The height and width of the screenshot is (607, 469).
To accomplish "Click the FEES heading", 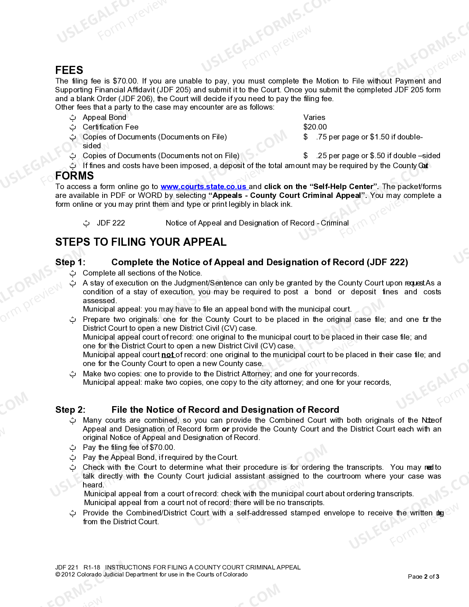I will [x=69, y=70].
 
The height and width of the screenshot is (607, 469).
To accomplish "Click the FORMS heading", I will [x=74, y=176].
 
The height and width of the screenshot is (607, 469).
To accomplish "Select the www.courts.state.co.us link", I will [x=203, y=187].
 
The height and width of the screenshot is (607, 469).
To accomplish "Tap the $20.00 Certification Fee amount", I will [x=315, y=127].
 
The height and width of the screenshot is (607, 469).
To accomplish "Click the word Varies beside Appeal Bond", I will [x=314, y=117].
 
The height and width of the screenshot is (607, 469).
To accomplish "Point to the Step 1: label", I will [x=70, y=262].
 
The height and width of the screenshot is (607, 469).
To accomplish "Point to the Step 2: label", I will [x=70, y=410].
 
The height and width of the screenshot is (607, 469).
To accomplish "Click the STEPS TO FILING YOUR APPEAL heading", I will [x=141, y=242].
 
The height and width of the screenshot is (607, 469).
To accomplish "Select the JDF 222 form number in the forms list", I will [x=111, y=223].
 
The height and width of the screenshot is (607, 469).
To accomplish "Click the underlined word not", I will [x=167, y=355].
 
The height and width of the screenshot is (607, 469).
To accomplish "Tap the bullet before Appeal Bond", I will [x=73, y=118].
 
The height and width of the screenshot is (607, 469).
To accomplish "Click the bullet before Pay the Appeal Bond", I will [x=73, y=458].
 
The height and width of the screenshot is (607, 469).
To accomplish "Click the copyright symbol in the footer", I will [x=57, y=575].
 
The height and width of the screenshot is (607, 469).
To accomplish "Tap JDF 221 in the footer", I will [x=67, y=567].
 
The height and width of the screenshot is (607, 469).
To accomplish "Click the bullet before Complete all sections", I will [x=73, y=273].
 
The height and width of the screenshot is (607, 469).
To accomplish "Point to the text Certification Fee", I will [x=110, y=127].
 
